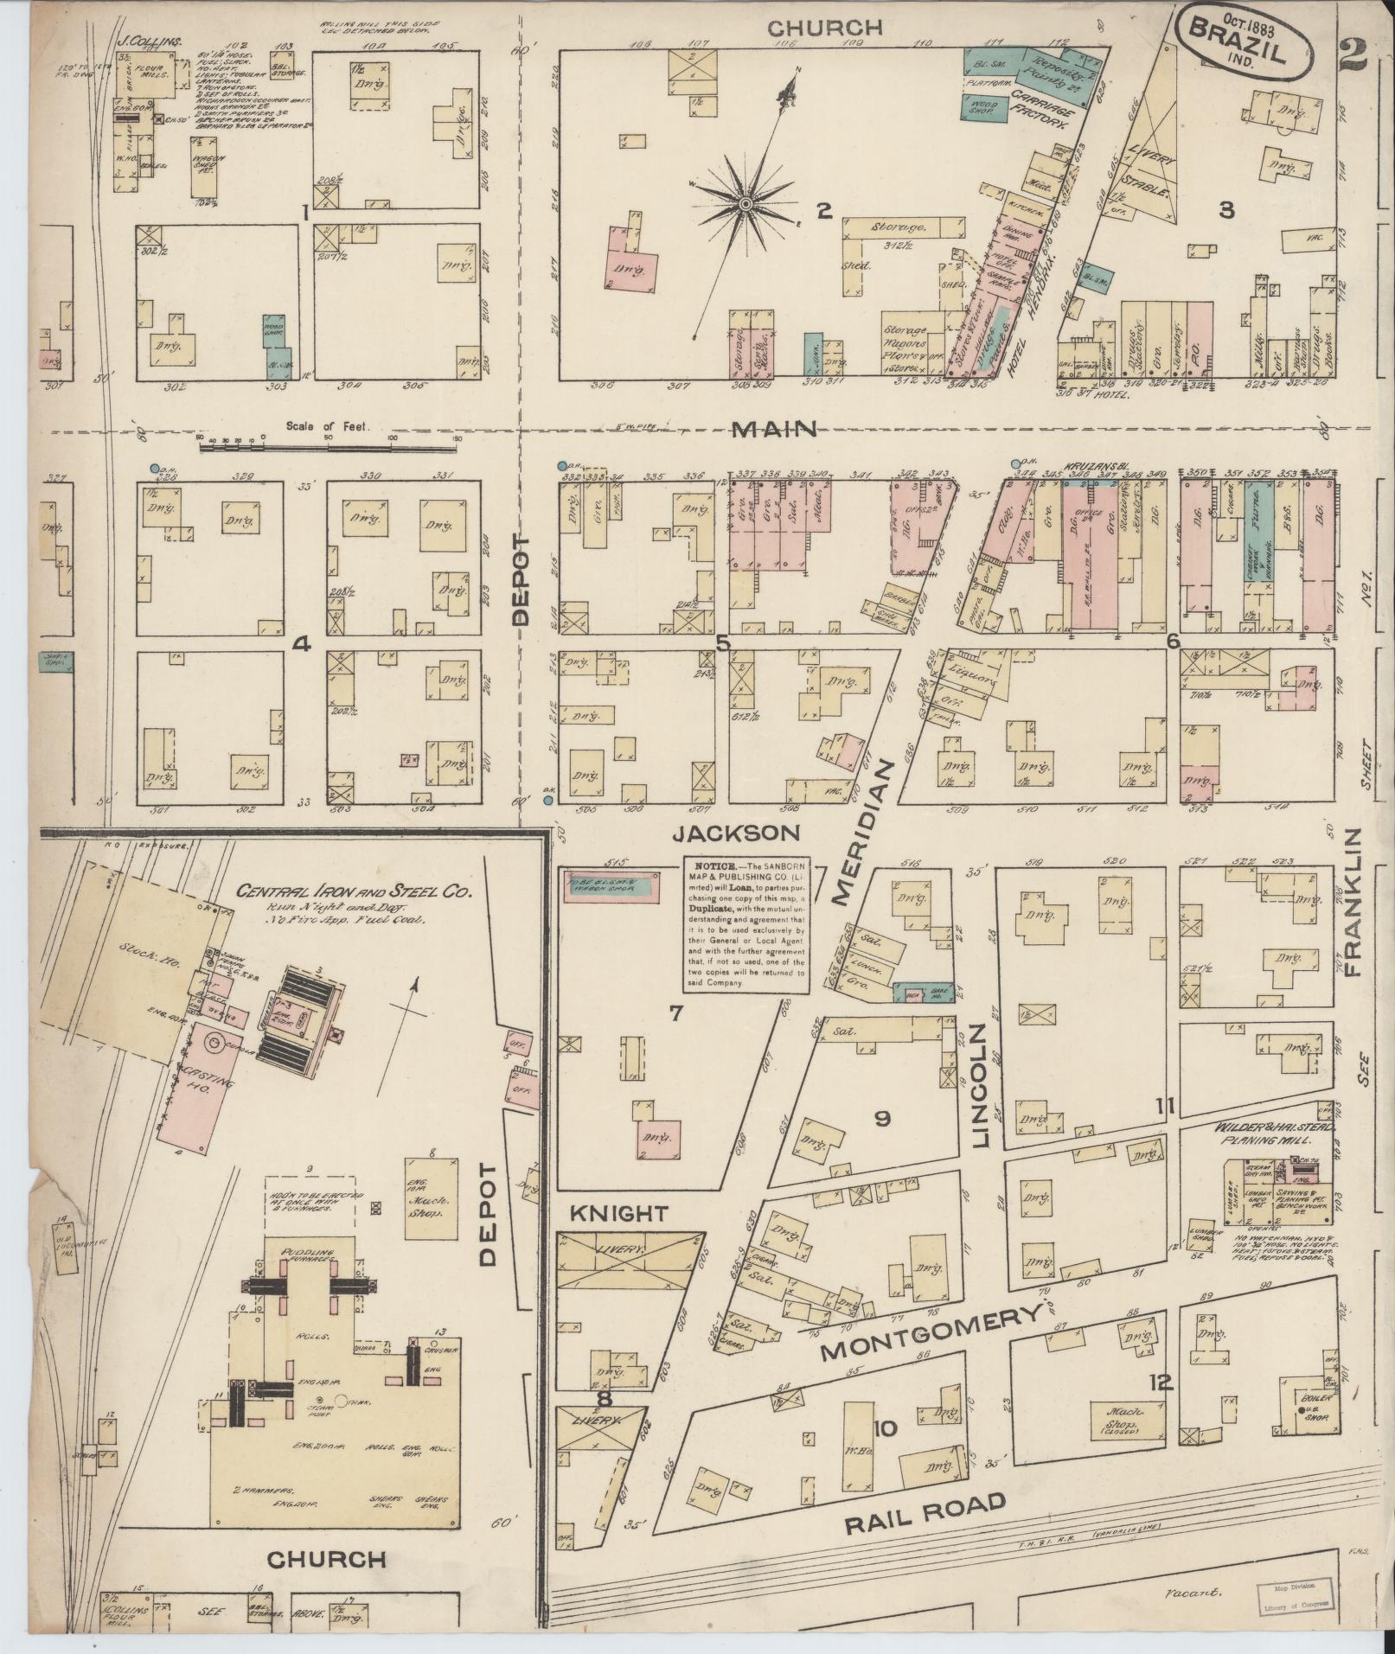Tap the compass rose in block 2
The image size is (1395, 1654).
(745, 204)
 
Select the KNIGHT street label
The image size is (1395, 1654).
(618, 1214)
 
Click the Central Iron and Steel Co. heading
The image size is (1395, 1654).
(355, 891)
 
